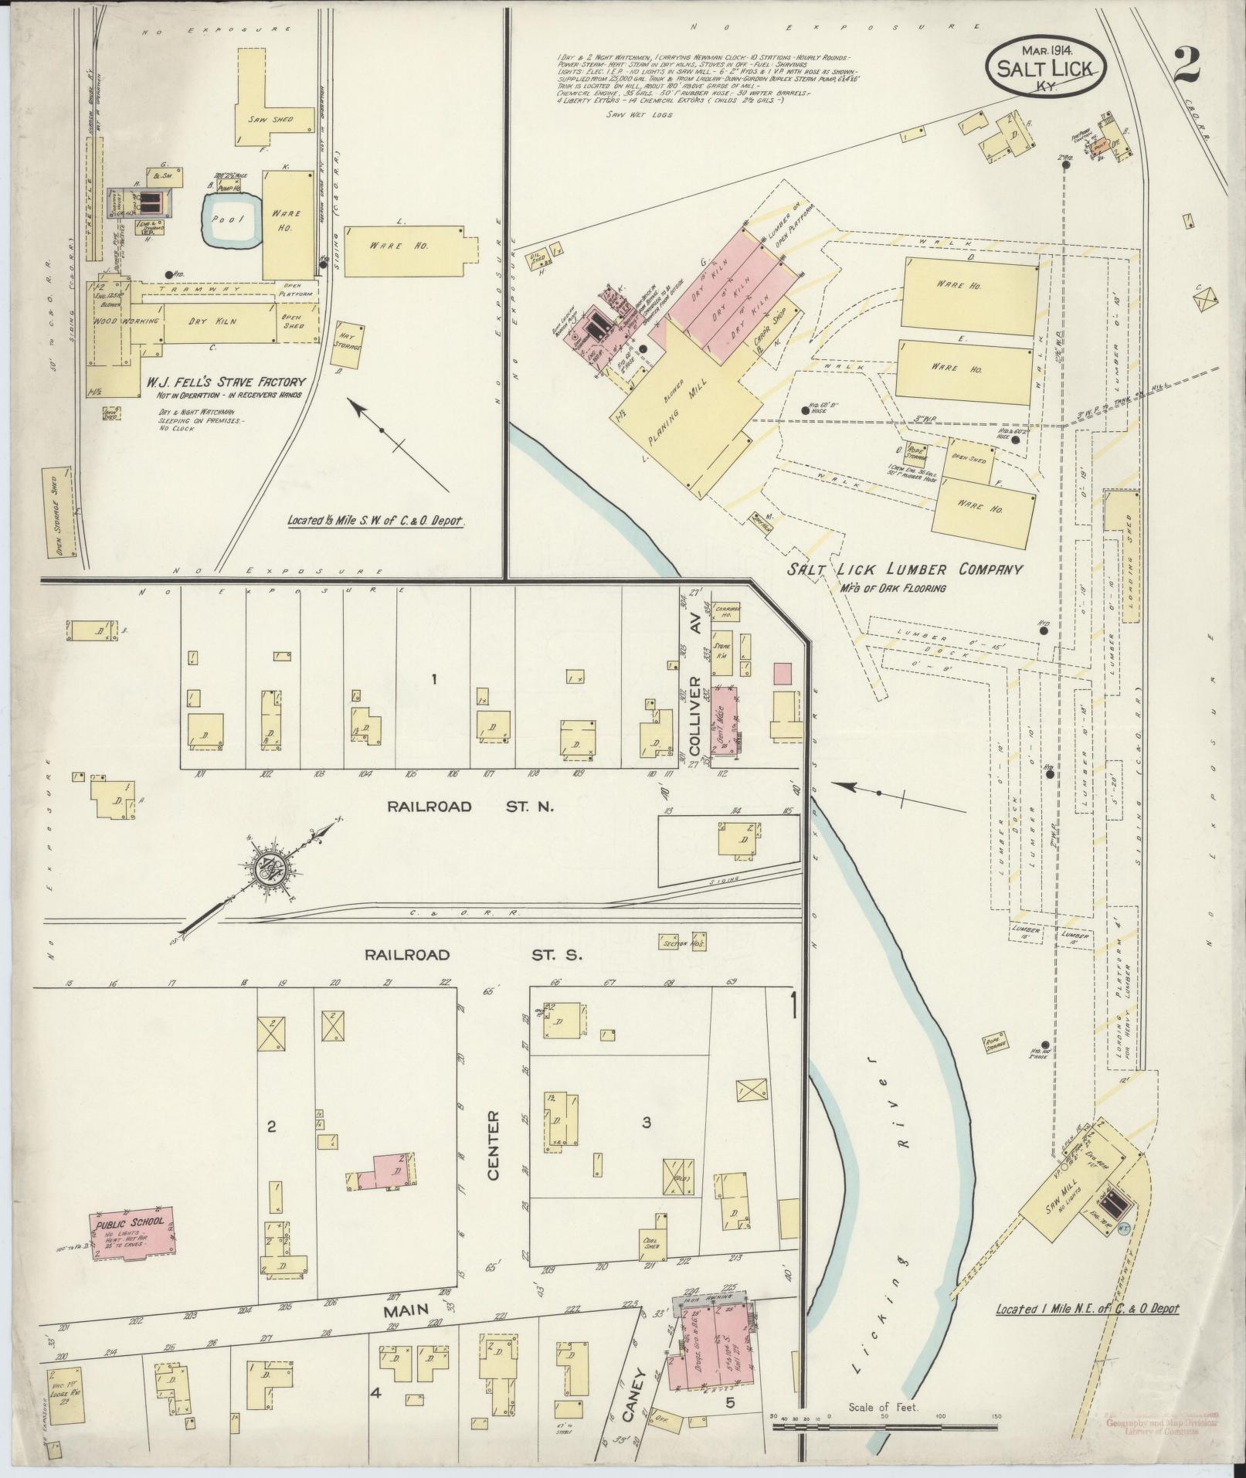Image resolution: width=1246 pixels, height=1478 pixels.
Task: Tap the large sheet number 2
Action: (x=1185, y=66)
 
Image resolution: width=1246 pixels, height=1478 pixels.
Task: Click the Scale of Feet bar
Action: (x=885, y=1426)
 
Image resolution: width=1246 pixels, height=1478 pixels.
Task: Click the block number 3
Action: (x=647, y=1122)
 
